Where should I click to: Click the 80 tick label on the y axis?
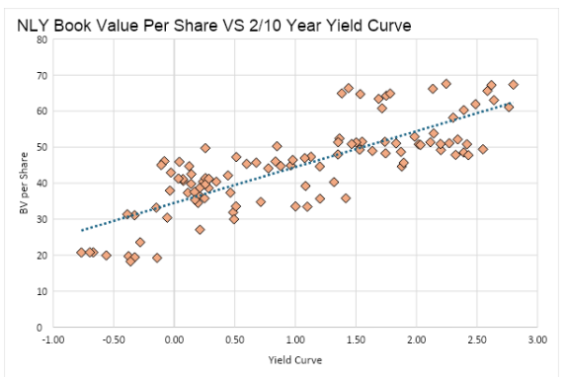[x=40, y=39]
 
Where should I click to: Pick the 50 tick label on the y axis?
[x=40, y=147]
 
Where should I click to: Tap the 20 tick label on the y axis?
[x=40, y=255]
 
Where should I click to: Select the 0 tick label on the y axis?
[x=42, y=327]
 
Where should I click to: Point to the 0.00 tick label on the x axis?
[x=174, y=340]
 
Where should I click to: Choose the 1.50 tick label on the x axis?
[x=356, y=340]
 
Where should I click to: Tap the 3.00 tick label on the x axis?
[x=537, y=340]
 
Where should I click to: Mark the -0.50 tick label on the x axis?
[x=113, y=340]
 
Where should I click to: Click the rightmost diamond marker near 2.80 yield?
[x=513, y=85]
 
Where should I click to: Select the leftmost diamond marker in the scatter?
[x=81, y=253]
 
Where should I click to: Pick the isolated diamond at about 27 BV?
[x=200, y=229]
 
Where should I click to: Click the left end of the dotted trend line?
[x=81, y=230]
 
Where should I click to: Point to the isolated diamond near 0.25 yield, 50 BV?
[x=205, y=148]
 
